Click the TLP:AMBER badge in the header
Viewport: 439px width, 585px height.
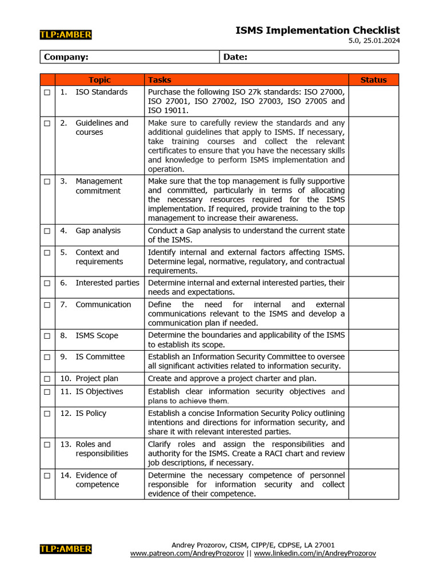click(66, 35)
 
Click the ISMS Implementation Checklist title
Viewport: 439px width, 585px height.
click(317, 30)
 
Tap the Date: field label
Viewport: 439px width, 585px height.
click(236, 57)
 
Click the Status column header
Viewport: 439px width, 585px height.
click(373, 80)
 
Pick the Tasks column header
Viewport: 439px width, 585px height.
click(159, 80)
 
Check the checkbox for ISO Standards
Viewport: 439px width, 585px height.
click(47, 93)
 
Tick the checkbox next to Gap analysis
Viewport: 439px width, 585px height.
click(47, 231)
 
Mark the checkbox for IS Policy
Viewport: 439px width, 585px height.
click(47, 414)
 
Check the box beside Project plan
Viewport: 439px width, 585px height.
click(47, 379)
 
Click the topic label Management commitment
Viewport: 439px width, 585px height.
click(98, 186)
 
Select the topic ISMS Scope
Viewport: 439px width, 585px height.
click(97, 336)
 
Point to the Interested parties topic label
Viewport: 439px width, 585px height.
click(107, 283)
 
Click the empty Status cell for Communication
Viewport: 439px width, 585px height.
click(373, 314)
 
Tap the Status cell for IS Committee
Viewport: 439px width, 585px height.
click(373, 362)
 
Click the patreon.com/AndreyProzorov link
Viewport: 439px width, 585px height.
click(187, 554)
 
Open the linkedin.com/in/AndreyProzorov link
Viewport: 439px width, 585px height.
click(315, 554)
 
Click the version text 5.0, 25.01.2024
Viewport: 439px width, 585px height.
click(374, 41)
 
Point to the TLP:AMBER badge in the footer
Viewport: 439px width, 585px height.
click(66, 549)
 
